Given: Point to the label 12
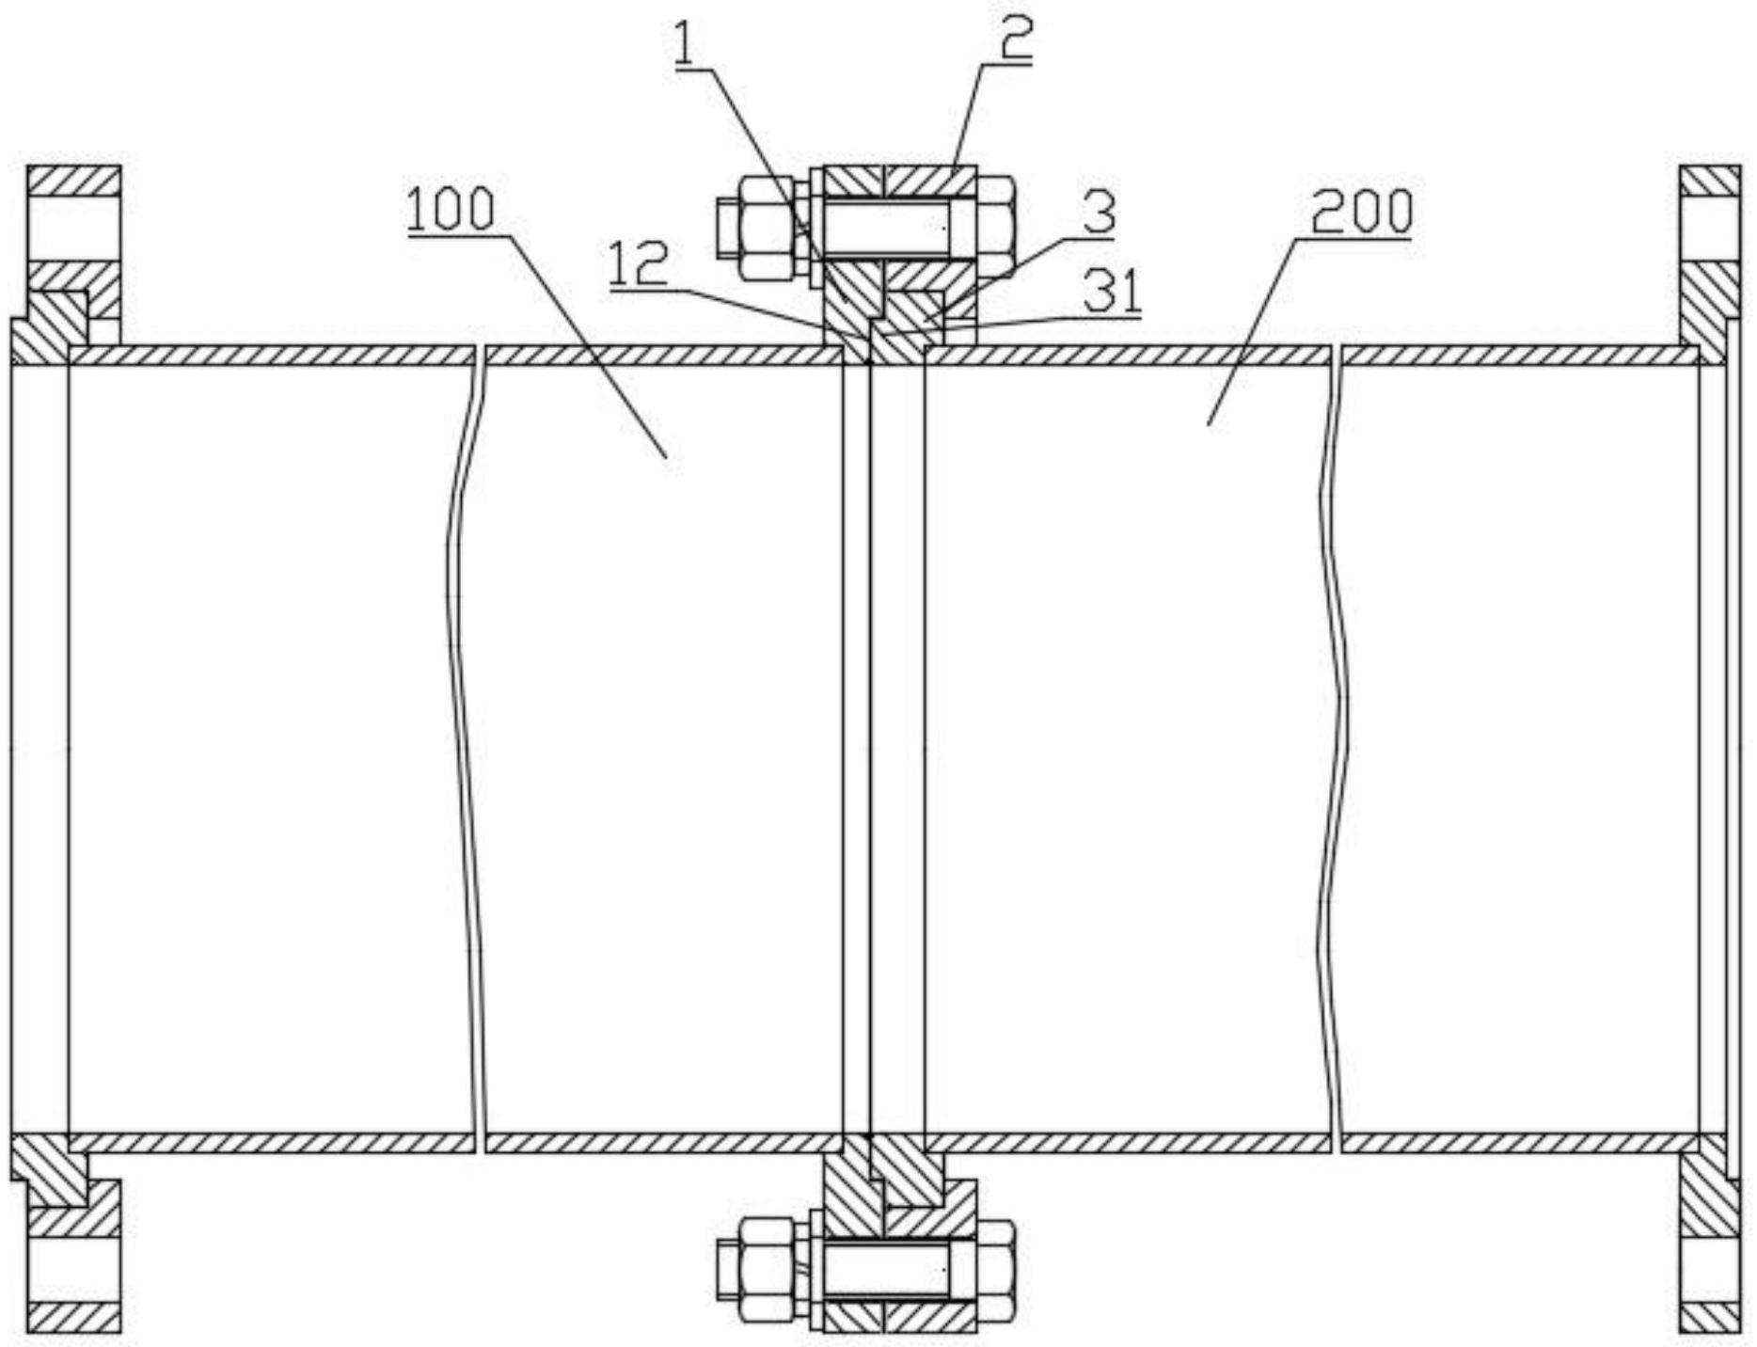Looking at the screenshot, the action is pos(639,264).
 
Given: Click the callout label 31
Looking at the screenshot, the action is pos(1113,293).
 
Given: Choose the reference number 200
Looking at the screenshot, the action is pos(1361,213).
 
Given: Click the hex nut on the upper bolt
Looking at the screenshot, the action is pos(768,230).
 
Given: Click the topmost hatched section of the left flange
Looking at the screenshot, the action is pos(73,181).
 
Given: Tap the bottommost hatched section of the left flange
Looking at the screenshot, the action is pos(73,1317).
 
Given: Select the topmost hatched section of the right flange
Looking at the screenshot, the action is pos(1709,181).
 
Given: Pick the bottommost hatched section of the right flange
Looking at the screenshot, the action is pos(1709,1317).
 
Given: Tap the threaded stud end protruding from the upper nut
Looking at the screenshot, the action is pos(727,229).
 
